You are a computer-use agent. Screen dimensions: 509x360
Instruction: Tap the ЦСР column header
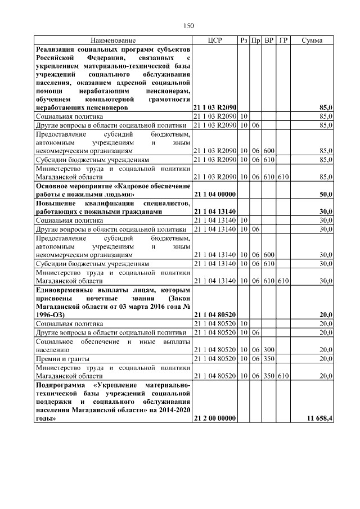coord(214,41)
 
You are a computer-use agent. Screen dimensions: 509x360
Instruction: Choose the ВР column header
coord(269,41)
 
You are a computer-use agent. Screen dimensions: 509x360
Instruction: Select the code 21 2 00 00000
coord(214,419)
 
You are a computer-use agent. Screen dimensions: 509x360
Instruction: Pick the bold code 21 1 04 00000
coord(214,194)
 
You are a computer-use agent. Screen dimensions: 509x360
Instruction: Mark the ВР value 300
coord(269,349)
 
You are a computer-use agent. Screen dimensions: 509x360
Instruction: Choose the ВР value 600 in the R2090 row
coord(269,151)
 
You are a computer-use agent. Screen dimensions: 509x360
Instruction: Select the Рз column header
coord(244,41)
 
